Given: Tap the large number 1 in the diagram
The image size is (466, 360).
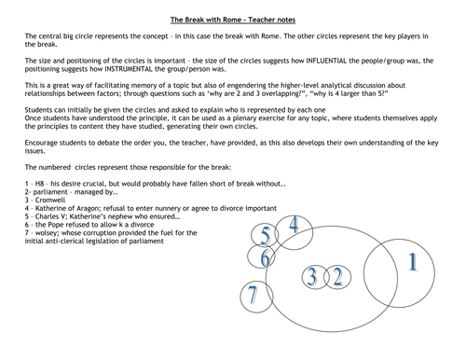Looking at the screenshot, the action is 411,262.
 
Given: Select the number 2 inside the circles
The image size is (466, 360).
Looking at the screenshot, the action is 336,276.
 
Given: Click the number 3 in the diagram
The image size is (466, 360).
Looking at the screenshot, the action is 313,276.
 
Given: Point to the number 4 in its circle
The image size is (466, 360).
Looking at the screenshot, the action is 295,227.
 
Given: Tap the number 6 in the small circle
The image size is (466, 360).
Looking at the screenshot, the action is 267,256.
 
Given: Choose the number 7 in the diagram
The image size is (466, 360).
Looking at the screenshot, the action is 251,297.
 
